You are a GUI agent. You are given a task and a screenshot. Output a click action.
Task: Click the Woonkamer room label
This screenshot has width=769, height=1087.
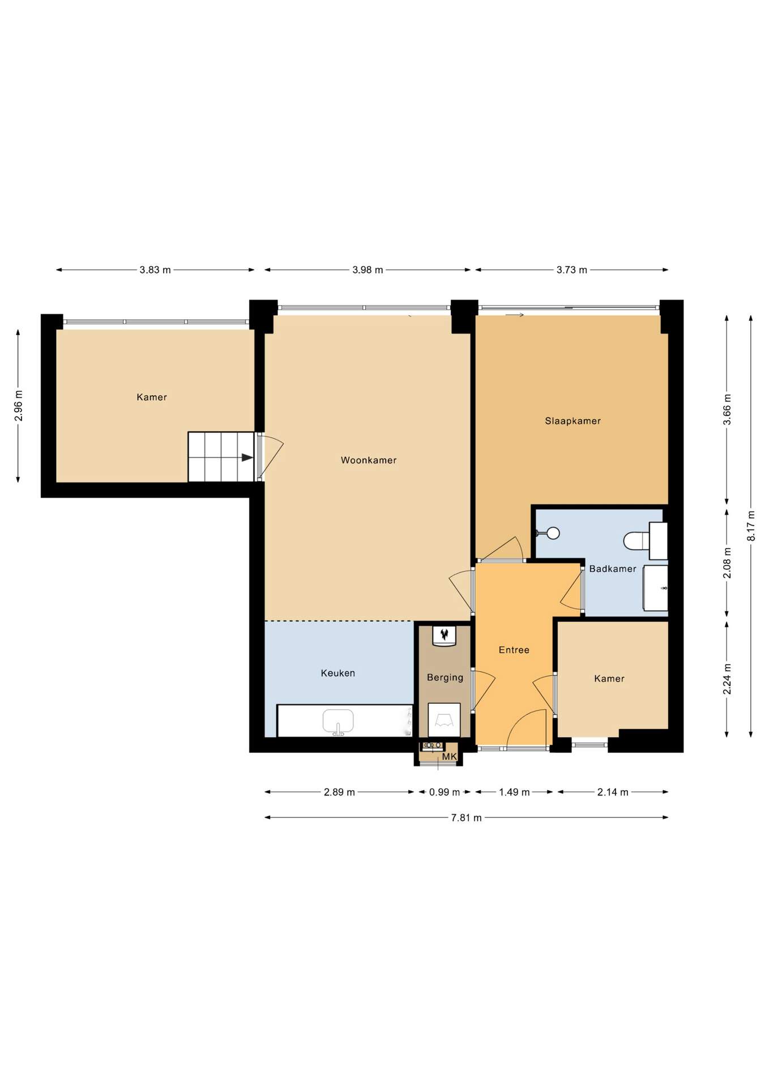(368, 460)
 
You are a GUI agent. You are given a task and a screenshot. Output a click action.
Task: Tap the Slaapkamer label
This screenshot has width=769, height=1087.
(573, 421)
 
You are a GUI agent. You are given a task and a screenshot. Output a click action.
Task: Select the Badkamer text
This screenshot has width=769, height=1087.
(613, 568)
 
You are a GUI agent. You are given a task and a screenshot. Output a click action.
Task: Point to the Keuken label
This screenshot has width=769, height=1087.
(338, 673)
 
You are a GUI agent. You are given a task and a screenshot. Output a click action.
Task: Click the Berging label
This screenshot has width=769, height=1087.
(445, 678)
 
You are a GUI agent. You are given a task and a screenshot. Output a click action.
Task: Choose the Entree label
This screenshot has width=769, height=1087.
(514, 650)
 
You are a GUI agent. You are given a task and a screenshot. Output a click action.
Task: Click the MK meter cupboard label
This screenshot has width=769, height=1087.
(449, 757)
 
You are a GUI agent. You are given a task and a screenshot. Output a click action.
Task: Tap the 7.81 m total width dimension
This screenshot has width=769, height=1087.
(466, 818)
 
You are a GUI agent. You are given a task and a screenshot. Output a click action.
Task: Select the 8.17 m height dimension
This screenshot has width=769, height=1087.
(751, 526)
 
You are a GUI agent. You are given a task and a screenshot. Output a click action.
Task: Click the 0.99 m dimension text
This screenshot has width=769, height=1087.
(445, 792)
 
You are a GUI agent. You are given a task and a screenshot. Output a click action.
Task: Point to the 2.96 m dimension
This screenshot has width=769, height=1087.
(19, 406)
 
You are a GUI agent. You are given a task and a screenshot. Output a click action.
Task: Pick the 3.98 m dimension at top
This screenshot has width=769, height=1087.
(368, 270)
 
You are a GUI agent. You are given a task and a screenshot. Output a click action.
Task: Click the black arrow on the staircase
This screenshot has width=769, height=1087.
(247, 457)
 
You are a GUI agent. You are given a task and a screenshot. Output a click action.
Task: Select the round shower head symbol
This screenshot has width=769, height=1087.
(553, 533)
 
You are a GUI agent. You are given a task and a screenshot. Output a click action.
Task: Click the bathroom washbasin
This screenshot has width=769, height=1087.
(655, 588)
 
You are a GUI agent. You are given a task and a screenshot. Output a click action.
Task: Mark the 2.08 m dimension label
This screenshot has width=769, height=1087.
(727, 563)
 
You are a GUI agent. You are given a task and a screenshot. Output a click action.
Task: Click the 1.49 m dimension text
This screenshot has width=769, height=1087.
(514, 792)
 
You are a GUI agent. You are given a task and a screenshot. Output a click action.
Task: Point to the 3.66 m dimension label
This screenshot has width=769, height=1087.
(727, 409)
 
